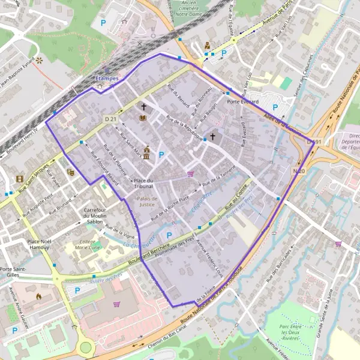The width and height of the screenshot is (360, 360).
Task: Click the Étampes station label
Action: pos(107,78)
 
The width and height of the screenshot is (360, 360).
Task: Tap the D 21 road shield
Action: pos(109,119)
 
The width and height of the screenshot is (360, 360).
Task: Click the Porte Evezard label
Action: pos(242,102)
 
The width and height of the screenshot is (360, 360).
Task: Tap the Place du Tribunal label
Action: pos(143,184)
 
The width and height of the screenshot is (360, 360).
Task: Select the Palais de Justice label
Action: pos(146,201)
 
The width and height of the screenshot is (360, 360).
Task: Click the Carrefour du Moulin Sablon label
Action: pos(99,215)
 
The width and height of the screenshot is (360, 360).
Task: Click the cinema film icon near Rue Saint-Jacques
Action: pos(20,179)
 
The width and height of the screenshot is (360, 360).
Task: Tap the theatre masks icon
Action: pos(71,172)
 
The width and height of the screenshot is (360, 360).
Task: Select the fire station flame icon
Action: pos(39,296)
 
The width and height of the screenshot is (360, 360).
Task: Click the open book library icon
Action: pos(143,119)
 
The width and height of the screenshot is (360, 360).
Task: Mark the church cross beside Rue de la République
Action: pos(212,137)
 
